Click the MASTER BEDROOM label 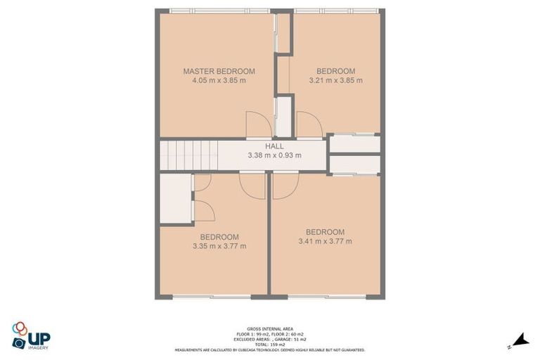pyautogui.click(x=219, y=71)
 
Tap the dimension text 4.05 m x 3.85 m pyautogui.click(x=219, y=80)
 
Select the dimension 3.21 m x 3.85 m pyautogui.click(x=335, y=80)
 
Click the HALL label pyautogui.click(x=274, y=146)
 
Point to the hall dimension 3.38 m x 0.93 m pyautogui.click(x=274, y=155)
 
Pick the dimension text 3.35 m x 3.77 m pyautogui.click(x=219, y=246)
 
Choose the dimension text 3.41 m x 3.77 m pyautogui.click(x=325, y=241)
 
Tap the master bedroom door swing pyautogui.click(x=257, y=125)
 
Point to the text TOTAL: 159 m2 pyautogui.click(x=270, y=344)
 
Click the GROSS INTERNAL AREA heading pyautogui.click(x=270, y=328)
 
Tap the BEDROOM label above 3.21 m pyautogui.click(x=335, y=71)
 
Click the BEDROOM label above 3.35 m pyautogui.click(x=219, y=237)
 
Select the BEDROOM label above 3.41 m pyautogui.click(x=325, y=232)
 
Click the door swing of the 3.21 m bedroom pyautogui.click(x=309, y=125)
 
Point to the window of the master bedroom pyautogui.click(x=210, y=11)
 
